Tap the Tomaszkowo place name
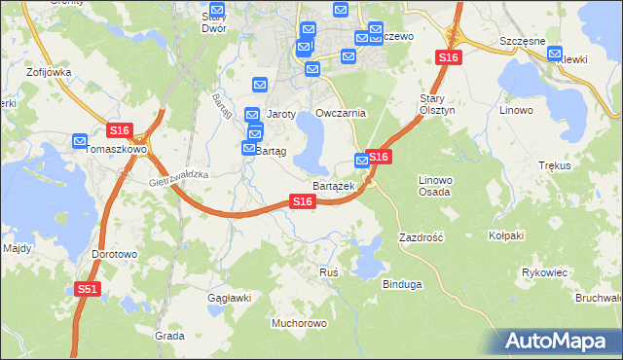pyautogui.click(x=116, y=150)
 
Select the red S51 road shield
pyautogui.click(x=88, y=289)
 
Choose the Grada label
pyautogui.click(x=169, y=335)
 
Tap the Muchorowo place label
pyautogui.click(x=300, y=322)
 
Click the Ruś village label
pyautogui.click(x=329, y=272)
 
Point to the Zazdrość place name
pyautogui.click(x=421, y=237)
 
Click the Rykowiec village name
pyautogui.click(x=545, y=272)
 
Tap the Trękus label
pyautogui.click(x=553, y=166)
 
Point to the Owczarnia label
pyautogui.click(x=341, y=113)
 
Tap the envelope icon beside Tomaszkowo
pyautogui.click(x=81, y=141)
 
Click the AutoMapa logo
pyautogui.click(x=560, y=340)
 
